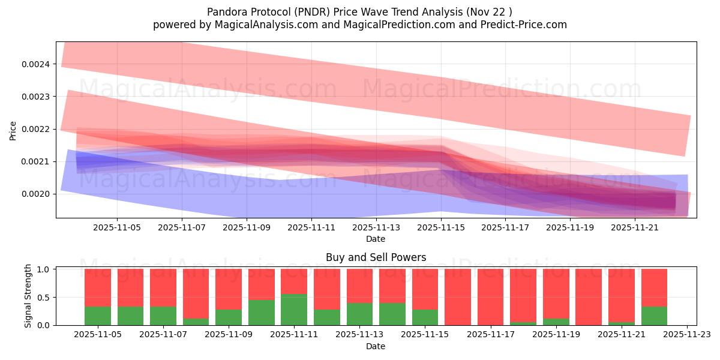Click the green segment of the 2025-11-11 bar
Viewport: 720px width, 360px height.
(x=294, y=310)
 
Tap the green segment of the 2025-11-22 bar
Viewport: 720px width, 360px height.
(x=654, y=316)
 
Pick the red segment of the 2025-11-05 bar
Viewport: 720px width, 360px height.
(x=98, y=287)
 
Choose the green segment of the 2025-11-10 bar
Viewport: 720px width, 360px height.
(x=261, y=313)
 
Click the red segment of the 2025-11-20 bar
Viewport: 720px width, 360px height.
(x=589, y=296)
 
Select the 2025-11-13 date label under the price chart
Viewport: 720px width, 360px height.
(x=376, y=228)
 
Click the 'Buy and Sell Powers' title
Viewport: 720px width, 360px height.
(x=376, y=258)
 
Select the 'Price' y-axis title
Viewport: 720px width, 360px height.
(x=13, y=130)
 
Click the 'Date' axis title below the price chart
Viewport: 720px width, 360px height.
(x=376, y=239)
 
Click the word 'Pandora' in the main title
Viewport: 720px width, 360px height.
(x=227, y=12)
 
